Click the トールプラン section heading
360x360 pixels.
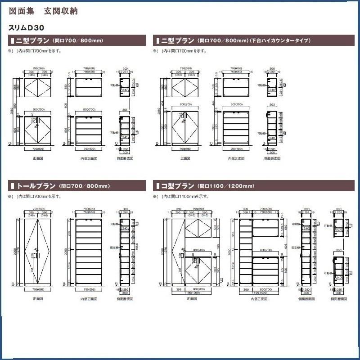[x=36, y=186]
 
